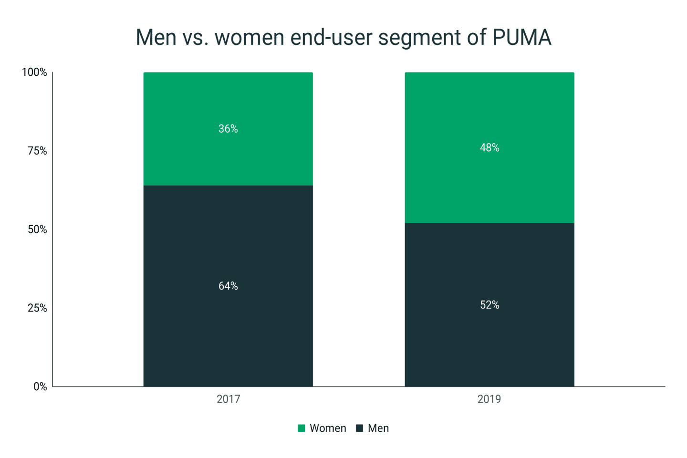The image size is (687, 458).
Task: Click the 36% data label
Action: click(228, 129)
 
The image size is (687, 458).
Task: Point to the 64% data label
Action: click(228, 286)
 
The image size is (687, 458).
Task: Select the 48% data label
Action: click(489, 148)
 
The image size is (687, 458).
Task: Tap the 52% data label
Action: click(489, 305)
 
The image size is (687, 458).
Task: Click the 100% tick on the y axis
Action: click(34, 73)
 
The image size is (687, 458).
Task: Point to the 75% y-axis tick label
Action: click(37, 151)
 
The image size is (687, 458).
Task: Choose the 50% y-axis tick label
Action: click(37, 229)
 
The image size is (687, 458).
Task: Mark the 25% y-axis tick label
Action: click(37, 308)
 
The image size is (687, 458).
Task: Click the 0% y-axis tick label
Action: click(40, 387)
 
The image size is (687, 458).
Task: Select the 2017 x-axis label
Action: click(228, 399)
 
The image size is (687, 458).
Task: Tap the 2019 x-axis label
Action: click(489, 399)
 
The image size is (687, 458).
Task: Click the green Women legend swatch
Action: click(302, 428)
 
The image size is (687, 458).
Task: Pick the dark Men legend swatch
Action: click(360, 428)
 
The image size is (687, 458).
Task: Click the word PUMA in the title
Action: click(522, 37)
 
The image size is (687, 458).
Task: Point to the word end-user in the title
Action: click(332, 37)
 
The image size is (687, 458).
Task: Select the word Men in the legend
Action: click(378, 428)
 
